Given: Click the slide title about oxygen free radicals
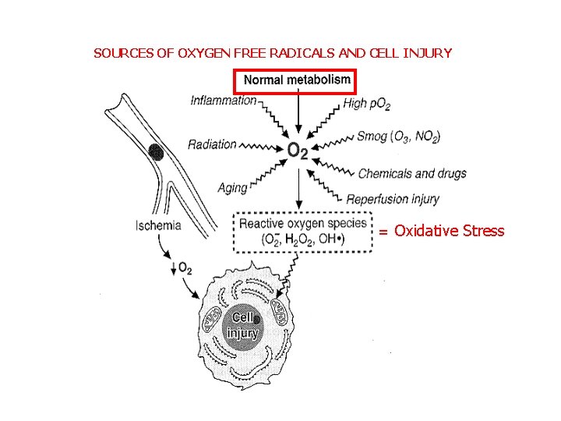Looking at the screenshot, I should coord(272,54).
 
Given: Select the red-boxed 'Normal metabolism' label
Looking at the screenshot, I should coord(297,80).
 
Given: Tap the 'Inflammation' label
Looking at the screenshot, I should coord(224,100).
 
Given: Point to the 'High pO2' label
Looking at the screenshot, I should coord(366,103).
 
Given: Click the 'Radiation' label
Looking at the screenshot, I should coord(211,144).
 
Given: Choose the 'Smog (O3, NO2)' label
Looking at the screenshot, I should coord(398,136).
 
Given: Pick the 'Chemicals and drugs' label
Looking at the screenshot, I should coord(412,173).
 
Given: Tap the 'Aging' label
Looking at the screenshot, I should coord(232,188).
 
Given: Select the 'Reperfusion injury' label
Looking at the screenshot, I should coord(393,199).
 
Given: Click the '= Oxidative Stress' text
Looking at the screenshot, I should coord(442,231).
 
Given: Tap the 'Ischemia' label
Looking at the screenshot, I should coord(158,226).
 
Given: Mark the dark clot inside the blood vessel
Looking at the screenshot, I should coord(156,151).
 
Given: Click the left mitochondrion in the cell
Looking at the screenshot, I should coord(213,320).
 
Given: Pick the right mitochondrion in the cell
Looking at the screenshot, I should coord(283,316).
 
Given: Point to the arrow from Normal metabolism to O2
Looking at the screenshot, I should coord(298,114).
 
